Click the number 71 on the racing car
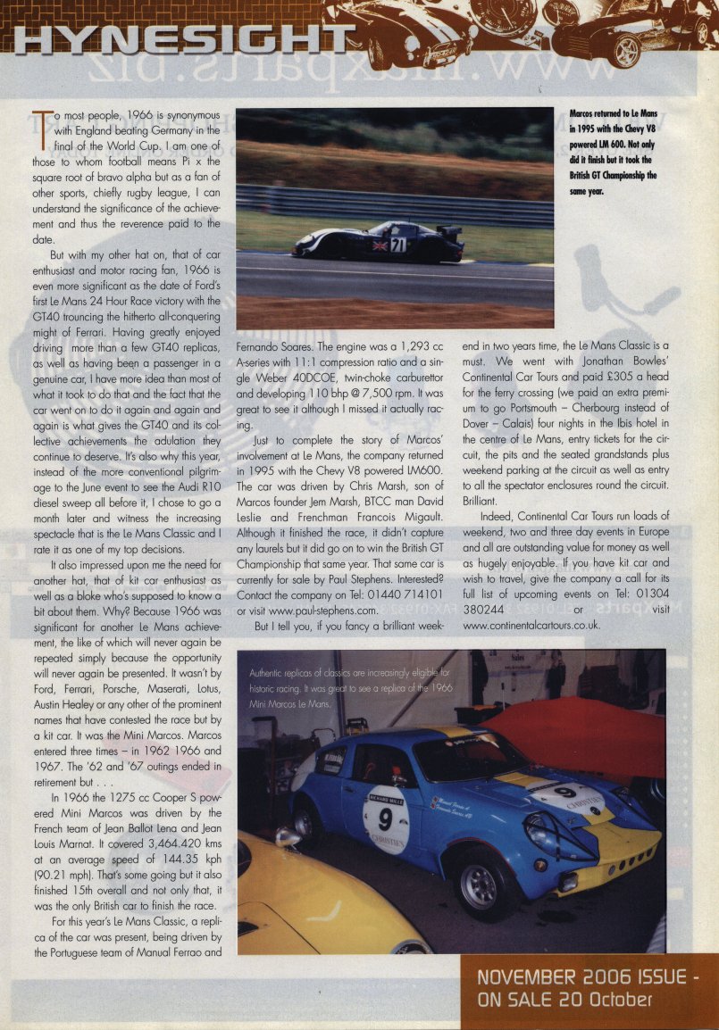pos(397,245)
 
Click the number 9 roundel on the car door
pos(386,815)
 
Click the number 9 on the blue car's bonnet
pos(564,791)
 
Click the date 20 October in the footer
pos(601,1001)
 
